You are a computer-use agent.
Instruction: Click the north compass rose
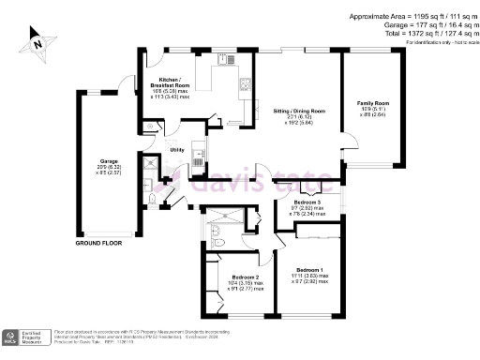click(35, 40)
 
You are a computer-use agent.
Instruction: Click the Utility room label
click(176, 149)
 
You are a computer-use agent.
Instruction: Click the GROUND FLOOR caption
click(99, 244)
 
